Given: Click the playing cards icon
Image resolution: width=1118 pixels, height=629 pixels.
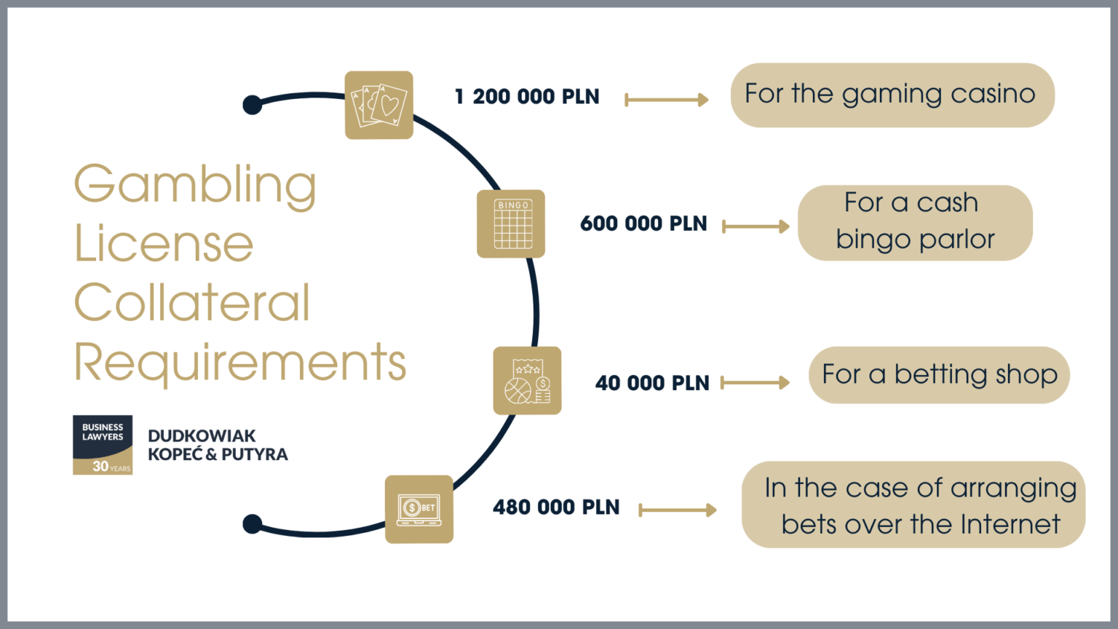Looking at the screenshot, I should pyautogui.click(x=378, y=105).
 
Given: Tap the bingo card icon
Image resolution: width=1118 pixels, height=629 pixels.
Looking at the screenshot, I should pyautogui.click(x=511, y=223).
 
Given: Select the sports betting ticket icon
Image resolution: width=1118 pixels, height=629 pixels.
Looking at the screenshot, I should pyautogui.click(x=527, y=381).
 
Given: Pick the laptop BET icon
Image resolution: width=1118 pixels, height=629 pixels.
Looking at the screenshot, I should pyautogui.click(x=419, y=509).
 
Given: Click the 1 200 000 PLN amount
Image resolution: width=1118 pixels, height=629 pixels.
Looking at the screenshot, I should pyautogui.click(x=527, y=97).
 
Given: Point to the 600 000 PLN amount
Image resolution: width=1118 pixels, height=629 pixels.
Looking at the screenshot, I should pyautogui.click(x=643, y=224).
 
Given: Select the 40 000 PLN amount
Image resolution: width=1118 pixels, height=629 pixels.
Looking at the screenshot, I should pyautogui.click(x=652, y=383).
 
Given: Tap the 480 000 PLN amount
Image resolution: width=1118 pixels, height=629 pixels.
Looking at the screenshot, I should pyautogui.click(x=556, y=507).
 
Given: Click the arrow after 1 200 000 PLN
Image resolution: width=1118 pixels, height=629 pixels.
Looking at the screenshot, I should pyautogui.click(x=666, y=100).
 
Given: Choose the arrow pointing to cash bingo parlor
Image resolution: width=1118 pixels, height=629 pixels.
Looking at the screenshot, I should pyautogui.click(x=756, y=226).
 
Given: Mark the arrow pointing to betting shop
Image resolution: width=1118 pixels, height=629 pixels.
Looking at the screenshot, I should pyautogui.click(x=755, y=382).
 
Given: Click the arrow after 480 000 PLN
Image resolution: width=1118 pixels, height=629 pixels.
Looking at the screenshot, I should pyautogui.click(x=677, y=510).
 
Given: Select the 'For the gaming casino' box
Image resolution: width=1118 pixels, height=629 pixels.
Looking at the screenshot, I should pyautogui.click(x=892, y=95).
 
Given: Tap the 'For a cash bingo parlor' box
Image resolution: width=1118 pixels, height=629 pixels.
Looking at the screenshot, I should pyautogui.click(x=915, y=222).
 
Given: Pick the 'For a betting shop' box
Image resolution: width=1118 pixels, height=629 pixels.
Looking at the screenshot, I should pyautogui.click(x=939, y=375).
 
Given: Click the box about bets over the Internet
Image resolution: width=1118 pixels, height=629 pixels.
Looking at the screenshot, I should pyautogui.click(x=913, y=505).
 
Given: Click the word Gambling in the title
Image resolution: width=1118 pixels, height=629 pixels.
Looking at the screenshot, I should pyautogui.click(x=195, y=185).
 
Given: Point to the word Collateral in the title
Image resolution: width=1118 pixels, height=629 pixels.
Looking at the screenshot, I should pyautogui.click(x=192, y=303).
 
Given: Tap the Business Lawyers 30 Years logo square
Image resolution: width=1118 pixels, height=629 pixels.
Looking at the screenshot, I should pyautogui.click(x=103, y=445).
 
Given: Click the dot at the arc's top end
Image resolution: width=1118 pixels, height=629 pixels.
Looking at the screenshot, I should pyautogui.click(x=253, y=105).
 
